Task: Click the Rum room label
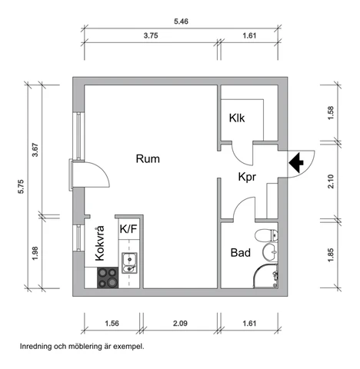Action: point(148,159)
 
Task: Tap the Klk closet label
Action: point(237,118)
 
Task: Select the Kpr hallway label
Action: point(247,177)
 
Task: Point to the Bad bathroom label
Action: point(241,253)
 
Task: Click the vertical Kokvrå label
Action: point(100,243)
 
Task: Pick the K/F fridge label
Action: point(128,228)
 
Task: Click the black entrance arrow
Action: point(296,163)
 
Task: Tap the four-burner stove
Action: point(108,278)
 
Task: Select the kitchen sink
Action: point(129,263)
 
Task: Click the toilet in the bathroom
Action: point(266,235)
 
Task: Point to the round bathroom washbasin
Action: point(270,251)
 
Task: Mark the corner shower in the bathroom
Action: point(265,276)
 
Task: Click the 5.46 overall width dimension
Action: point(181,22)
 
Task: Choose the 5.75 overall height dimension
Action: point(21,187)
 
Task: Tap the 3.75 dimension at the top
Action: point(151,35)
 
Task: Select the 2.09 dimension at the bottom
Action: point(180,324)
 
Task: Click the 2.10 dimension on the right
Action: point(331,181)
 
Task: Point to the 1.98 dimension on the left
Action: point(35,253)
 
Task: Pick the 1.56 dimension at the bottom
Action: point(112,324)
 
